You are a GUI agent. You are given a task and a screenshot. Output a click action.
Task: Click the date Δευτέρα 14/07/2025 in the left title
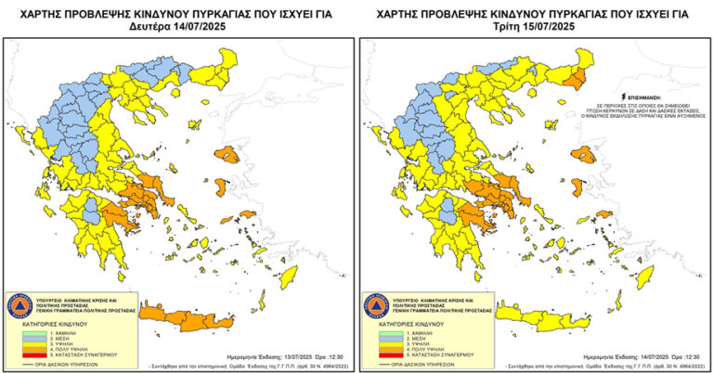click(175, 28)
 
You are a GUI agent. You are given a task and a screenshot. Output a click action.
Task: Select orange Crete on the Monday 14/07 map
click(190, 320)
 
